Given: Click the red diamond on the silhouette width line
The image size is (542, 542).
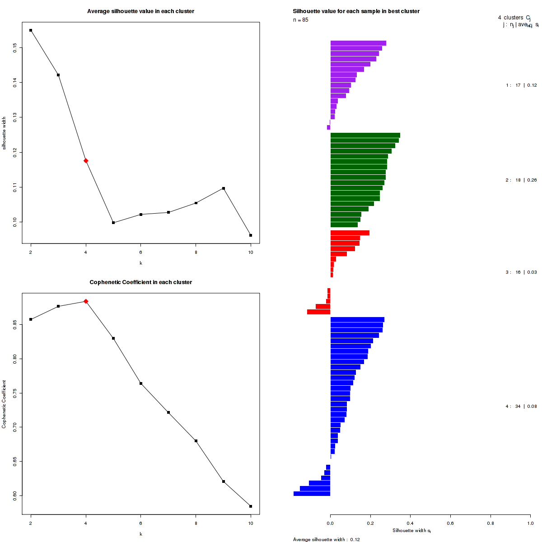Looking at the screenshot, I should click(x=86, y=161).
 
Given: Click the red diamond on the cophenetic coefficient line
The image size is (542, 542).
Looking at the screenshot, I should click(x=86, y=301).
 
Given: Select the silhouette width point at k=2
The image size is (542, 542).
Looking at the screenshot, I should click(x=31, y=30).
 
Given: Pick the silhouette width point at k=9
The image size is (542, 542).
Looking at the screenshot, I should click(x=224, y=188).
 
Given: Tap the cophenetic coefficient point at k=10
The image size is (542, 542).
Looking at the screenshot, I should click(x=251, y=506).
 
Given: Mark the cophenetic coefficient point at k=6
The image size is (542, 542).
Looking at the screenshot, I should click(x=141, y=383).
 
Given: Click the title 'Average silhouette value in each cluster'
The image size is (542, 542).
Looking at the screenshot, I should click(x=141, y=11).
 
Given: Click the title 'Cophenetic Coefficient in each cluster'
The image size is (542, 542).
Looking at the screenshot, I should click(x=141, y=282).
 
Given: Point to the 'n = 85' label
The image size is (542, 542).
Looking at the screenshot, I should click(x=301, y=20).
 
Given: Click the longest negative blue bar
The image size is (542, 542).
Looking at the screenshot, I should click(x=312, y=494).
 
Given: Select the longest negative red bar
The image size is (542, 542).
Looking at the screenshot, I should click(x=318, y=312).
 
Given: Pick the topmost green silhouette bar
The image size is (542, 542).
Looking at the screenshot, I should click(x=365, y=135).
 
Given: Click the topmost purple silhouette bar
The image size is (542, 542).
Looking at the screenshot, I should click(x=358, y=43).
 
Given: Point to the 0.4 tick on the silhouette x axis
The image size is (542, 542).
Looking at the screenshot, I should click(x=410, y=523).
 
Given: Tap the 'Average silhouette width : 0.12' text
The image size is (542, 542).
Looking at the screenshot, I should click(x=326, y=539).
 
